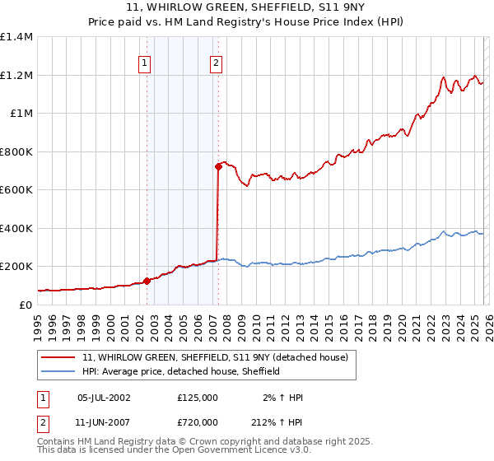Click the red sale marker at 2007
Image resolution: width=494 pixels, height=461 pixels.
point(218,166)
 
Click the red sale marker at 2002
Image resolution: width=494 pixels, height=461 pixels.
point(147,281)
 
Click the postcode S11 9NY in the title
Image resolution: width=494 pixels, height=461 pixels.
point(306,9)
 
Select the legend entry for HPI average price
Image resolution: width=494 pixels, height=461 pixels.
point(181,371)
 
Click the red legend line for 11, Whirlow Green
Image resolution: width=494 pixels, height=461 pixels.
point(59,357)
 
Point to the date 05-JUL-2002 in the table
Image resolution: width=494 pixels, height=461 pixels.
point(104,398)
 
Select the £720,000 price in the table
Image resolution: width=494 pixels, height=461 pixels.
point(198,421)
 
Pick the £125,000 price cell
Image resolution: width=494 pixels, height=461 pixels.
point(198,398)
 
